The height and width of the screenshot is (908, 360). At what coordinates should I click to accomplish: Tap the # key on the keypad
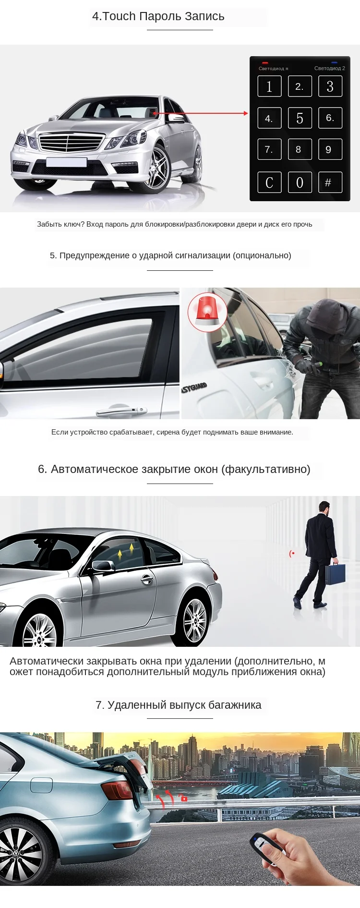coord(330,182)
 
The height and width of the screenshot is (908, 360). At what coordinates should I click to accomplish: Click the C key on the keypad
coord(269,182)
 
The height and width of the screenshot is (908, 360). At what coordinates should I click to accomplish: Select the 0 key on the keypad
coord(300,182)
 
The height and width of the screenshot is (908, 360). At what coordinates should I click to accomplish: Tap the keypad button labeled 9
coord(330,149)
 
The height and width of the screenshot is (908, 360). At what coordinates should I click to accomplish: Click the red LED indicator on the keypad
coord(265,63)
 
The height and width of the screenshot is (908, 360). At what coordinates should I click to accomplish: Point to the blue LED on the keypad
coord(334,63)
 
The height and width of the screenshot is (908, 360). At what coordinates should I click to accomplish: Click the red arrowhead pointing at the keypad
coord(246,113)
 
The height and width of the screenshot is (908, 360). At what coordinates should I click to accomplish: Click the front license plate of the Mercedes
coord(66,162)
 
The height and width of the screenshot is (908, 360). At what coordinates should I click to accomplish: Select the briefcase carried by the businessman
coord(335,574)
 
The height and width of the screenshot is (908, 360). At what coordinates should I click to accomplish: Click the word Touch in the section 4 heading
coord(119,16)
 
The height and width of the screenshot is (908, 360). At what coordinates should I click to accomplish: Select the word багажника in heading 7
coord(235,705)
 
